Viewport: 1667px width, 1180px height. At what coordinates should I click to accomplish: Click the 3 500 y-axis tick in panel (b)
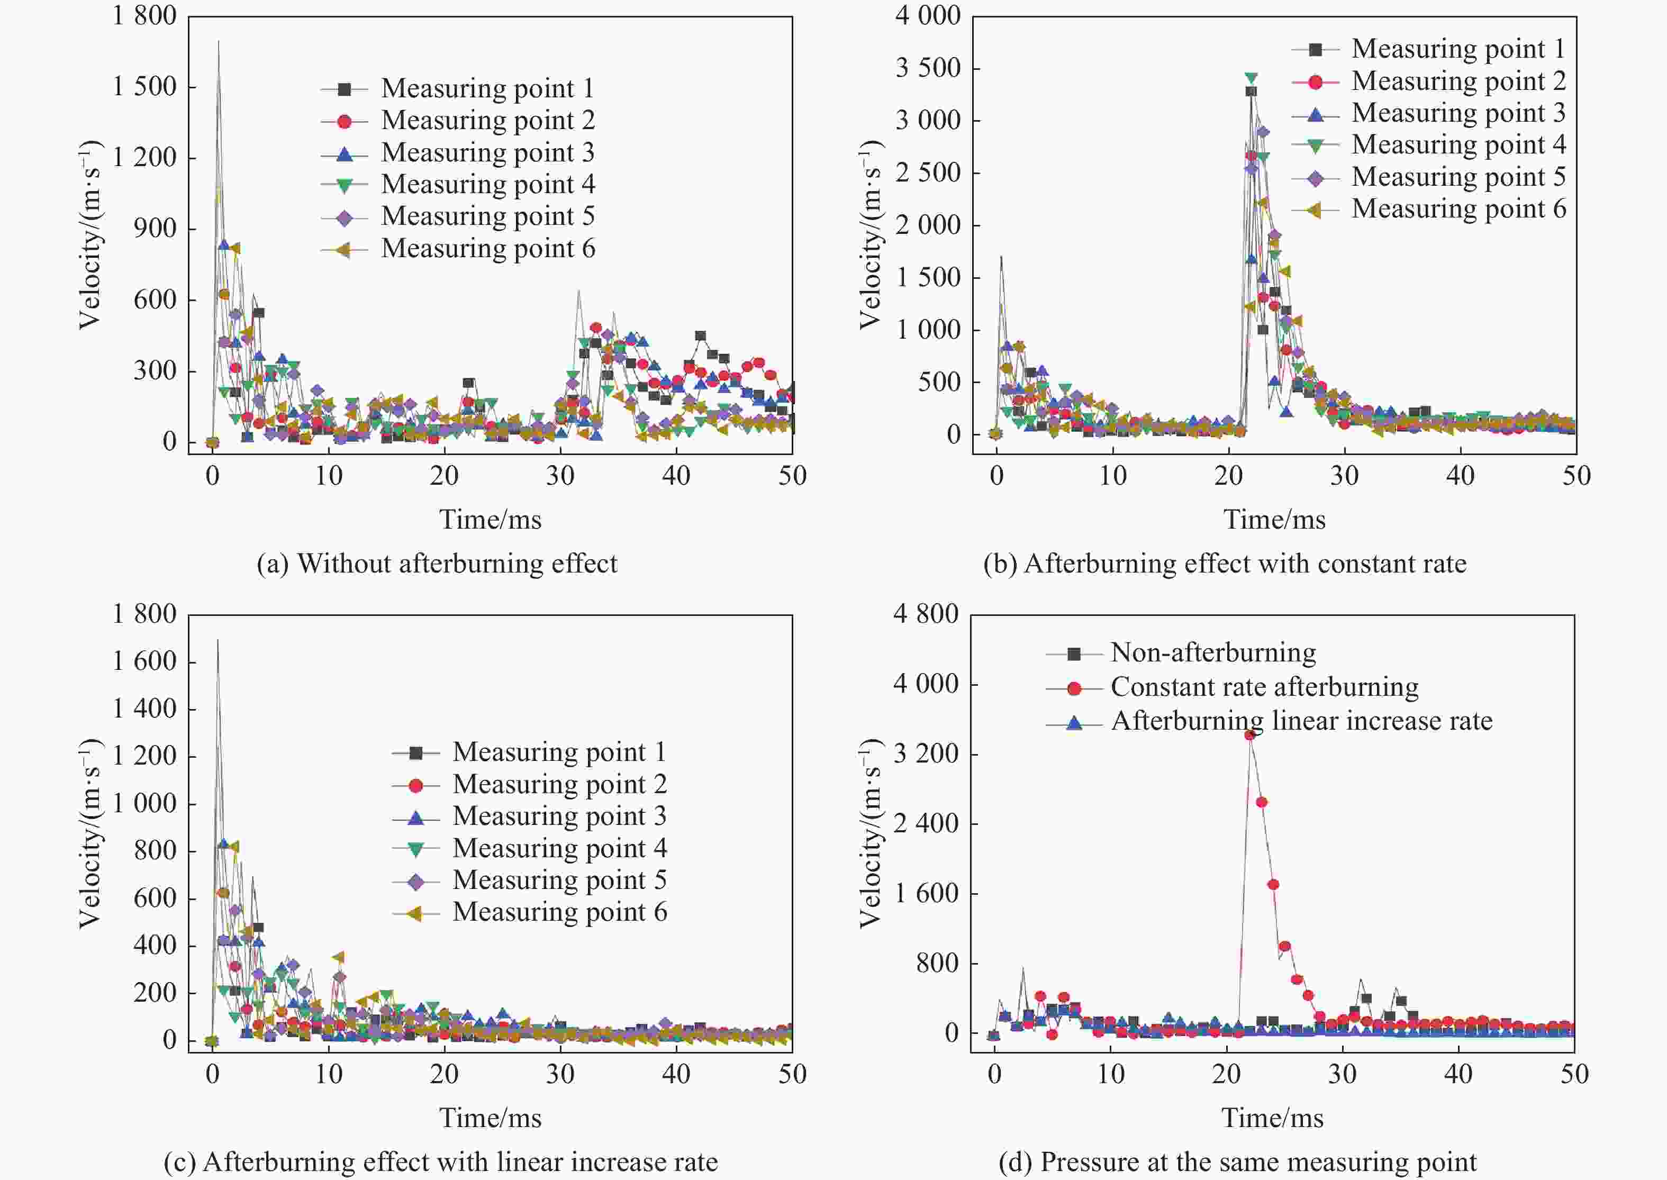tap(928, 68)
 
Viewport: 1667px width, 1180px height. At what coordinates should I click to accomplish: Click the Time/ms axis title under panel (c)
tap(491, 1118)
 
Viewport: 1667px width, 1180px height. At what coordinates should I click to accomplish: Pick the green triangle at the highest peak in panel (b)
tap(1251, 78)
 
